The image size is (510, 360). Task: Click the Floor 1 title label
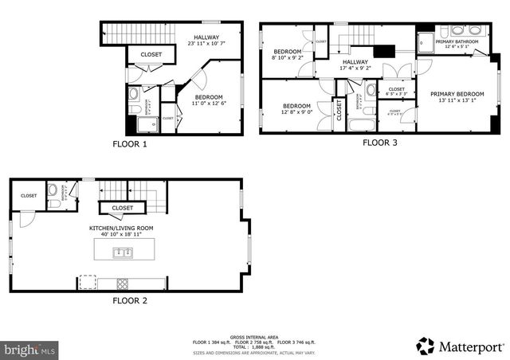[x=128, y=144]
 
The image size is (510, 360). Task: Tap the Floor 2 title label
[x=128, y=300]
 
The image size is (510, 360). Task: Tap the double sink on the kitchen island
[x=122, y=252]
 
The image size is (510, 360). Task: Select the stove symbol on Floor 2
[x=124, y=282]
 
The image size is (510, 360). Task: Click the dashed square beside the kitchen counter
[x=86, y=282]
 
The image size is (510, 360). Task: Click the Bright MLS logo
[x=30, y=349]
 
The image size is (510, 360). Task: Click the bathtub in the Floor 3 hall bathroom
[x=371, y=124]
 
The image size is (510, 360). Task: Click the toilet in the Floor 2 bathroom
[x=53, y=203]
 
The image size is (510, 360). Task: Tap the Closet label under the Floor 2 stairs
[x=122, y=208]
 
